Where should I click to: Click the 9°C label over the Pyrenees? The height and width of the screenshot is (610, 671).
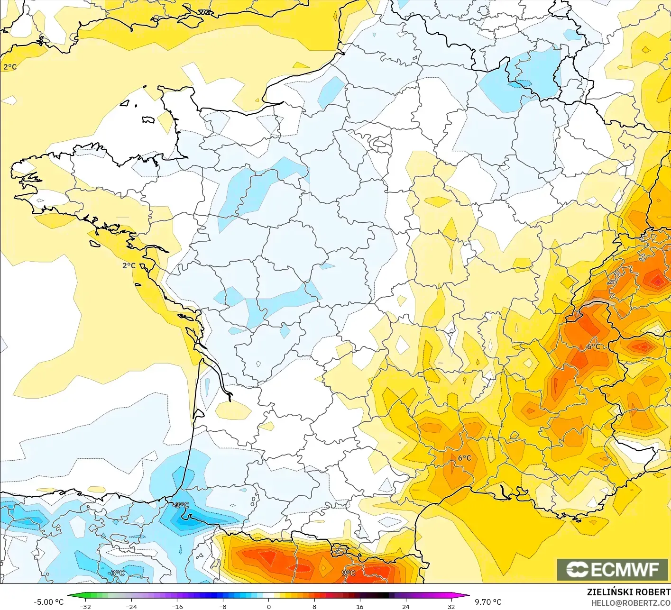(x=349, y=573)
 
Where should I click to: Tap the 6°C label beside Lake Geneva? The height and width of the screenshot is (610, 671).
(x=594, y=346)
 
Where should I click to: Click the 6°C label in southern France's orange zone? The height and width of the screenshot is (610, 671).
(x=464, y=458)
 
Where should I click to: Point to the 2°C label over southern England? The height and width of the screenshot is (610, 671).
(x=10, y=67)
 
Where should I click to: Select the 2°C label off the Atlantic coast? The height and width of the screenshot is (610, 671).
(x=129, y=265)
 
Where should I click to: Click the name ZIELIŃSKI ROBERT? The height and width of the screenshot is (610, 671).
(x=628, y=592)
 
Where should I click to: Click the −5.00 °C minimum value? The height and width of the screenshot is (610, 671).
(x=48, y=602)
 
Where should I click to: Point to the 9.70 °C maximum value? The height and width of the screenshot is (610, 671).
(x=488, y=602)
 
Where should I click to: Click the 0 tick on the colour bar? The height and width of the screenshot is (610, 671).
(x=268, y=606)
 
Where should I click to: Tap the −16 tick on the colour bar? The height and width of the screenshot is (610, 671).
(x=177, y=606)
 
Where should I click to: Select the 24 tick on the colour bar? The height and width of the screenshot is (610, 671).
(x=405, y=606)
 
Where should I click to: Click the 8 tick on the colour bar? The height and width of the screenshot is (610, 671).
(x=314, y=606)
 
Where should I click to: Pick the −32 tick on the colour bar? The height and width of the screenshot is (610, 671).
(x=85, y=606)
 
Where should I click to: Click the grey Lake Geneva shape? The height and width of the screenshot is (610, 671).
(x=598, y=303)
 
